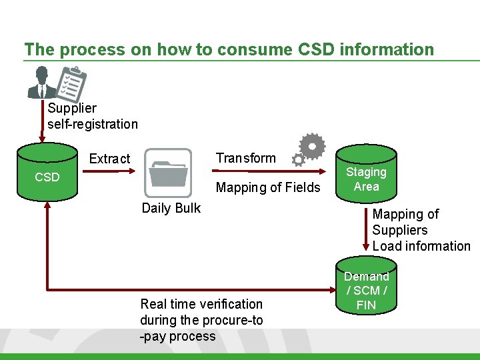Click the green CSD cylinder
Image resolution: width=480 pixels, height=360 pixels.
click(47, 171)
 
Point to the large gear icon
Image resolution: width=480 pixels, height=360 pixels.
click(312, 145)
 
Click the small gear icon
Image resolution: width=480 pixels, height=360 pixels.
click(298, 160)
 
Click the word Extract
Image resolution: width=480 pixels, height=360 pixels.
click(110, 159)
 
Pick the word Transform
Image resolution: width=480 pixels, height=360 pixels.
click(245, 158)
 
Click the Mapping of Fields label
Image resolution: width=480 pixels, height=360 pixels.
click(268, 187)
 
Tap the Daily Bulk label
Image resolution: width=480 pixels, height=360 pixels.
click(171, 208)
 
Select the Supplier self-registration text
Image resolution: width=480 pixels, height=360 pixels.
click(93, 116)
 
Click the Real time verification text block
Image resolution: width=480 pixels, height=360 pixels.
click(201, 320)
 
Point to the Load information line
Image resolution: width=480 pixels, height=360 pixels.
click(421, 246)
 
